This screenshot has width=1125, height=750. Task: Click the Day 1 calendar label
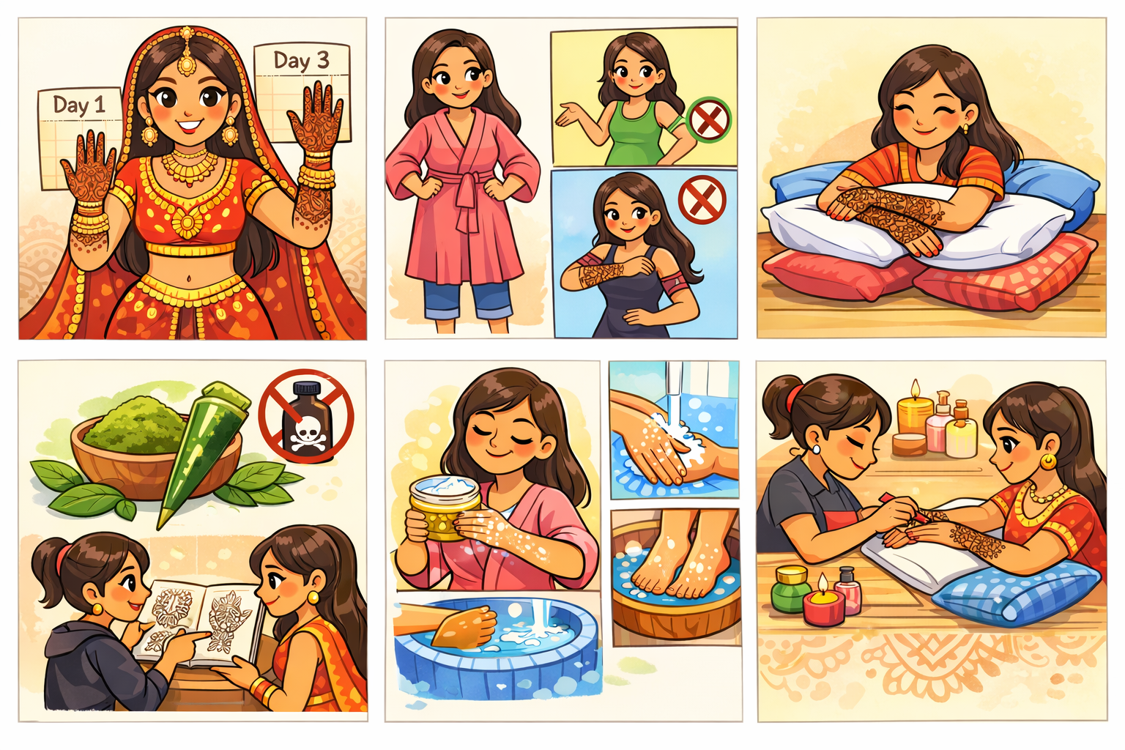pos(79,105)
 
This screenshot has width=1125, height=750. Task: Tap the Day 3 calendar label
pos(301,60)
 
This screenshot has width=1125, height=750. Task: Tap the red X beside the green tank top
pos(710,119)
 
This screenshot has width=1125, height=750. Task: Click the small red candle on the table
pos(824,604)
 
